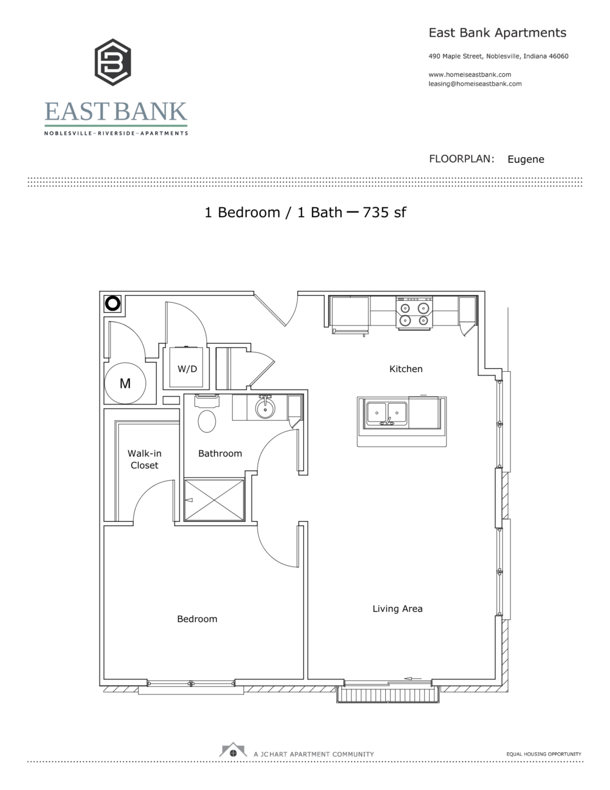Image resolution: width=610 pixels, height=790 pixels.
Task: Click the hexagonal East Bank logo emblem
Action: [x=113, y=63]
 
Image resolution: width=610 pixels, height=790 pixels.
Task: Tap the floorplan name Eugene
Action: [x=526, y=159]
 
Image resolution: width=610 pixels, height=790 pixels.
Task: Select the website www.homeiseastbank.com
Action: [x=470, y=74]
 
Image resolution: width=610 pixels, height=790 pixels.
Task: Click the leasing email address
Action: [x=475, y=84]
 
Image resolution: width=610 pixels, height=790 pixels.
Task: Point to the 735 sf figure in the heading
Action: [x=384, y=212]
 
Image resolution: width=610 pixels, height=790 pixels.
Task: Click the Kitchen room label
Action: [x=406, y=369]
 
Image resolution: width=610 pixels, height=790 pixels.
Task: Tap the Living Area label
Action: [x=398, y=608]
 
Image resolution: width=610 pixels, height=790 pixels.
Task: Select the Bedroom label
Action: [x=197, y=619]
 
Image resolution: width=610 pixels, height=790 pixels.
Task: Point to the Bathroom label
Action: [x=220, y=453]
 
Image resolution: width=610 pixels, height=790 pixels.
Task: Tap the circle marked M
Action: [x=125, y=384]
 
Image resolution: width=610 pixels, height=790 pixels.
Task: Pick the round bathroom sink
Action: [x=264, y=407]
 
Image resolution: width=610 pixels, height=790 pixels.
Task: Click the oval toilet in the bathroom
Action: [x=207, y=421]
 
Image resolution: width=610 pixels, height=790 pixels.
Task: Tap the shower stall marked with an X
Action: [x=215, y=500]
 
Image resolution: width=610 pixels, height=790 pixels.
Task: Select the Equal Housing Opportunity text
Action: [x=543, y=754]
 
